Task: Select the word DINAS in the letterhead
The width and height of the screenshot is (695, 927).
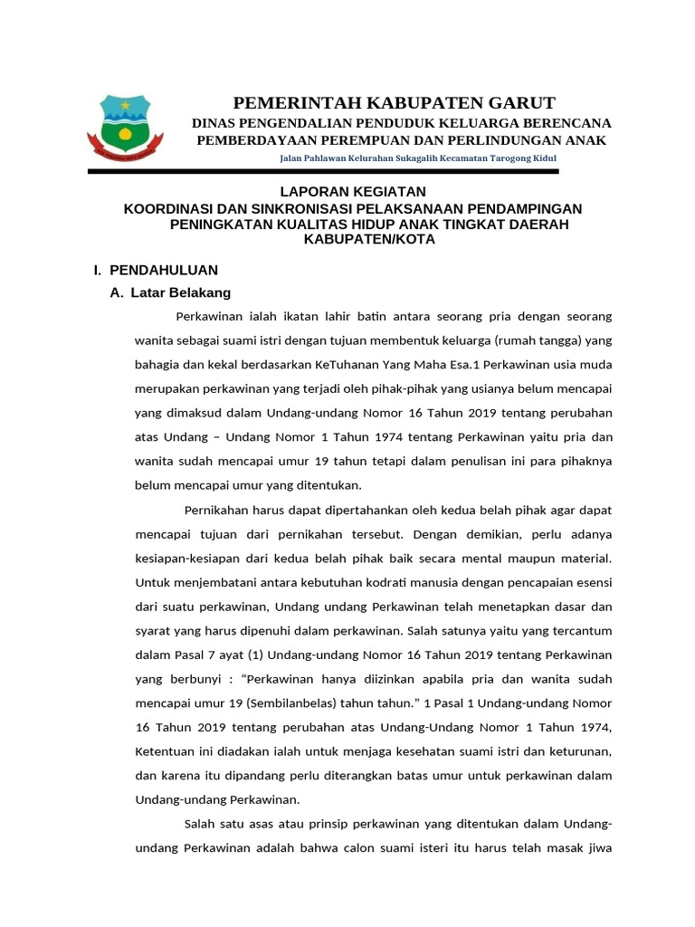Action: tap(218, 122)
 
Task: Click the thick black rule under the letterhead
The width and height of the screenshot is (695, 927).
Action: tap(323, 171)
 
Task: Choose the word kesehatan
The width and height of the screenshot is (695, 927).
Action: tap(427, 751)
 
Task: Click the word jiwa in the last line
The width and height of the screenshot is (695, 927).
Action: tap(598, 848)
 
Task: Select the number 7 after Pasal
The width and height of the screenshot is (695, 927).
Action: tap(214, 654)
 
